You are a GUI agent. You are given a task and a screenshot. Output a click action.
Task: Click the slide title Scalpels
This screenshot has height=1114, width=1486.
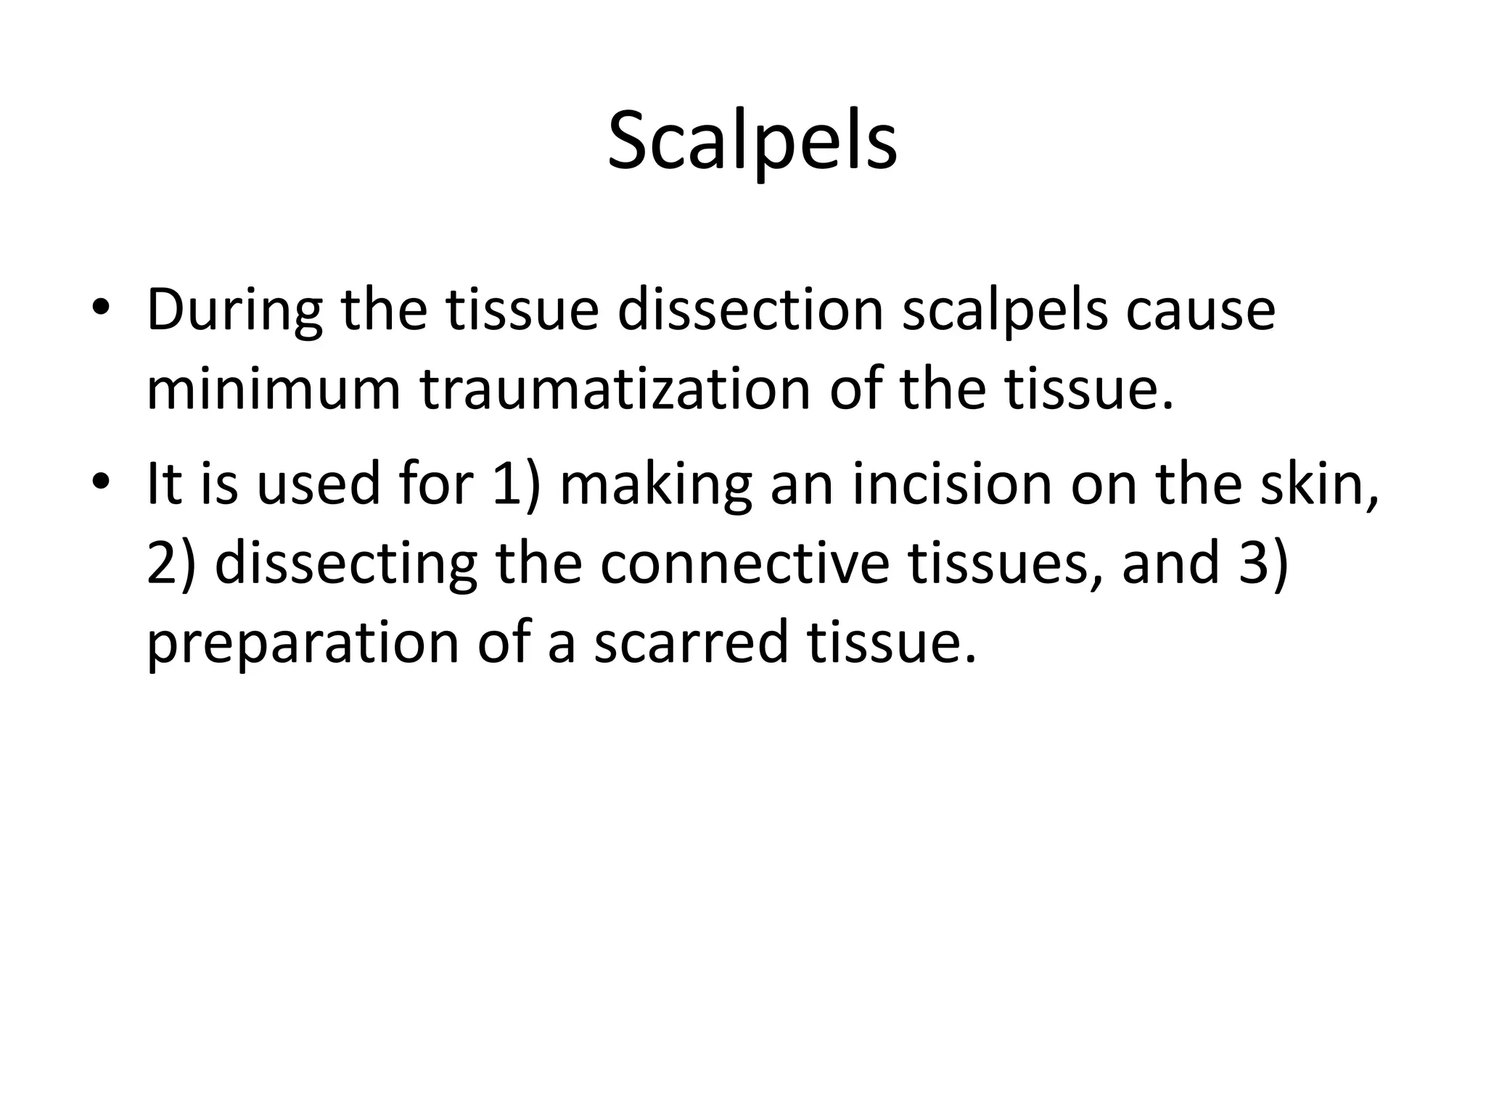click(x=752, y=141)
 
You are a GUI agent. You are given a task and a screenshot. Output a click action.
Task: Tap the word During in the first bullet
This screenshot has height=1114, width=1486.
click(x=234, y=310)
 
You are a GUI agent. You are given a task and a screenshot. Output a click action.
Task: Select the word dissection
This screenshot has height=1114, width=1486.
click(x=750, y=310)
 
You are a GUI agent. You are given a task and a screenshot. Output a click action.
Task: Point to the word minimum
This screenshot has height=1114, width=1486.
click(x=274, y=390)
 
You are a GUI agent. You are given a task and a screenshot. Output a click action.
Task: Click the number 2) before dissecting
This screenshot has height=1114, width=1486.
click(x=171, y=564)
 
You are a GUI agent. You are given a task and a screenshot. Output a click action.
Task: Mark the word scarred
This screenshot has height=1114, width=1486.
click(x=690, y=644)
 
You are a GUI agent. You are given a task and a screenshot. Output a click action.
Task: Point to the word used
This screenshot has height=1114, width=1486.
click(x=319, y=484)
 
